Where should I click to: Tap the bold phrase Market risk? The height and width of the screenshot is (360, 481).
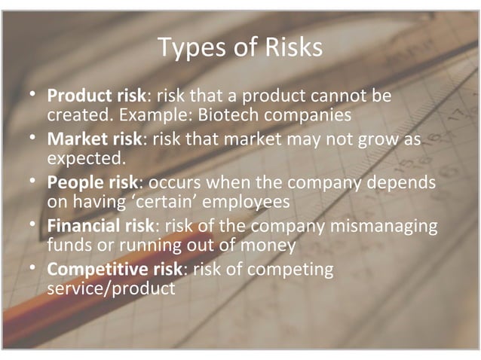[95, 141]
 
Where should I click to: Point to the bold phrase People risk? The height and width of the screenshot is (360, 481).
[93, 183]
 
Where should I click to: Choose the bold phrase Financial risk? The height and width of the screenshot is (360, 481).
[101, 226]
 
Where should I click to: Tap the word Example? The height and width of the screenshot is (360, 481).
[142, 116]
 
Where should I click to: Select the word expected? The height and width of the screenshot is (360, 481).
[85, 159]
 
